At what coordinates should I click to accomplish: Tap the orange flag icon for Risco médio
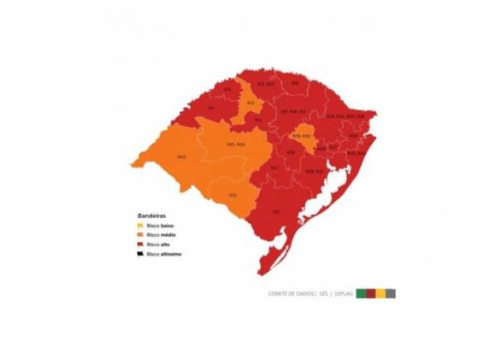pos(140,234)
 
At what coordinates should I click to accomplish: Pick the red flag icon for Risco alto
pos(140,245)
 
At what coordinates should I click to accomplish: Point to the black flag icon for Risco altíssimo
pos(140,254)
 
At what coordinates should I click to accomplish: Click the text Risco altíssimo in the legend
pos(164,254)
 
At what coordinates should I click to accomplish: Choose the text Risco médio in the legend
pos(161,234)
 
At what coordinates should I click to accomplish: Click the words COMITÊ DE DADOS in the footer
pos(291,293)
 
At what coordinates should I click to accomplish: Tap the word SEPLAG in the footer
pos(342,293)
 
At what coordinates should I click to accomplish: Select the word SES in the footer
pos(324,293)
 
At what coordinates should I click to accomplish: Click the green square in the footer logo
pos(362,293)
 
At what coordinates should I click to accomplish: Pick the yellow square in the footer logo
pos(380,293)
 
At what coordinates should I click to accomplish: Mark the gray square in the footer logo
pos(391,293)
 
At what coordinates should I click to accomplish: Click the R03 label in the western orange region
pos(180,157)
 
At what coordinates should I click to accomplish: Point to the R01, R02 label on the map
pos(236,145)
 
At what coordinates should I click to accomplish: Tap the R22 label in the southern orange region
pos(233,195)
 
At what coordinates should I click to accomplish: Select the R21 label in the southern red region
pos(275,210)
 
